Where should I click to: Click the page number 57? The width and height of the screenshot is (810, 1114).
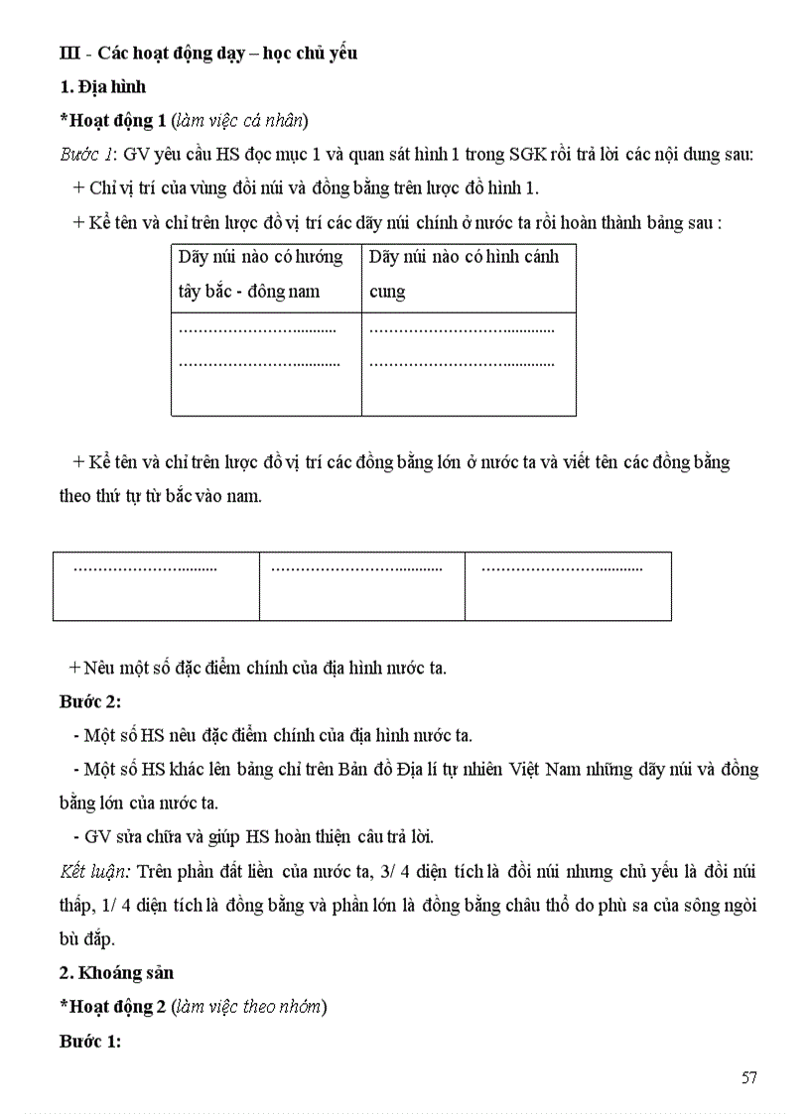click(749, 1077)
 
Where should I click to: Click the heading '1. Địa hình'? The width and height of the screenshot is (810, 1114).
click(102, 87)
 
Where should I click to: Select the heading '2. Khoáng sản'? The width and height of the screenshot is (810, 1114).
click(116, 973)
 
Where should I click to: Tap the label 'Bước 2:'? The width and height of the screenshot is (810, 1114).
click(90, 701)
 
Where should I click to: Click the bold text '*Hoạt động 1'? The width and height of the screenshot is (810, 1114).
click(113, 121)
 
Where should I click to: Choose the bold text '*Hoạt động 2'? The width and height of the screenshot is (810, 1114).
click(113, 1007)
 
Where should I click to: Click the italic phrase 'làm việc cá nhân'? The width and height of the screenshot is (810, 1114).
click(239, 121)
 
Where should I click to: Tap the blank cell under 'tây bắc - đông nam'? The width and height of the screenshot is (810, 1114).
click(266, 364)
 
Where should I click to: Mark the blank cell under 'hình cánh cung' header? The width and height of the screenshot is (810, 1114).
click(469, 364)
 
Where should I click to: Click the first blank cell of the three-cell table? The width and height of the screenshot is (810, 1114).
click(156, 586)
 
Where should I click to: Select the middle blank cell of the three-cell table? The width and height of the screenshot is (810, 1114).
click(362, 586)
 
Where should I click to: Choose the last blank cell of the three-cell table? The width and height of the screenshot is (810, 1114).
click(568, 586)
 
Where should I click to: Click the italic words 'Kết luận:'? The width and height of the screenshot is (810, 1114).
click(95, 872)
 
